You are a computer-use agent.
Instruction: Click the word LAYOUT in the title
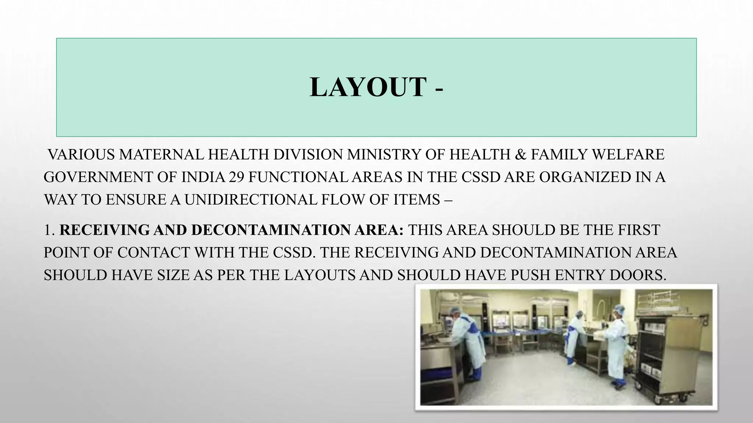[x=368, y=87]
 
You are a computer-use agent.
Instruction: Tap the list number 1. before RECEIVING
[x=50, y=230]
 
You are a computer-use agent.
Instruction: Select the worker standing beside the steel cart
[x=617, y=345]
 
